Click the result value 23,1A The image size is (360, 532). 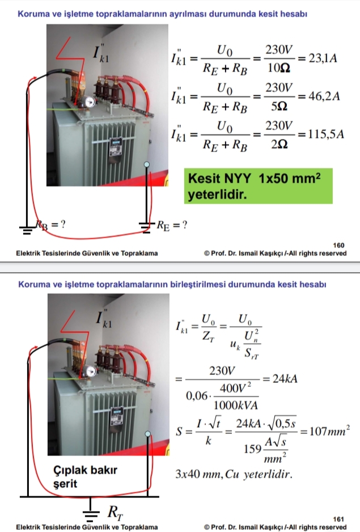[x=323, y=58]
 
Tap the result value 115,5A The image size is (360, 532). [x=326, y=134]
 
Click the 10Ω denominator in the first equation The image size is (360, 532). [x=278, y=68]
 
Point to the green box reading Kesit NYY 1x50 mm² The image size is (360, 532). [x=258, y=186]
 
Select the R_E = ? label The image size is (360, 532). [x=172, y=225]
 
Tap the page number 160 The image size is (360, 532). [x=338, y=245]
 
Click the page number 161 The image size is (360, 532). [x=338, y=519]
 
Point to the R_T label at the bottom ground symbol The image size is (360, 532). [x=115, y=512]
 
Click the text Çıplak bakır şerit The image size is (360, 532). [x=85, y=476]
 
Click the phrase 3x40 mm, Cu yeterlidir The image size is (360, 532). [x=234, y=474]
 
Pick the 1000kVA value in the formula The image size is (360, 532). [x=236, y=405]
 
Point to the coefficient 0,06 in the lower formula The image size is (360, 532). [x=197, y=396]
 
